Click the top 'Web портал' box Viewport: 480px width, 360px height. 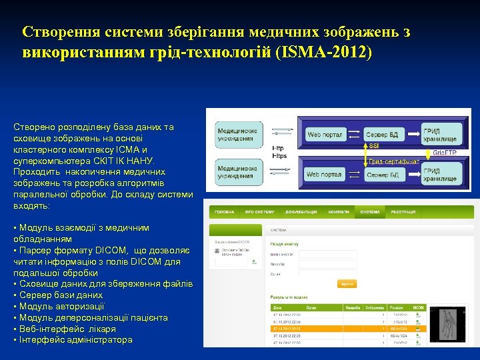pyautogui.click(x=325, y=135)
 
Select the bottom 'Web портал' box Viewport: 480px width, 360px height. pyautogui.click(x=324, y=175)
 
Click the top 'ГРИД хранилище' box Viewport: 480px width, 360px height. pyautogui.click(x=441, y=135)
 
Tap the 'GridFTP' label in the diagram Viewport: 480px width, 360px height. pyautogui.click(x=445, y=153)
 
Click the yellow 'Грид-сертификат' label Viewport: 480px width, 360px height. pyautogui.click(x=393, y=161)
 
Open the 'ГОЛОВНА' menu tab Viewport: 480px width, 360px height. pyautogui.click(x=223, y=212)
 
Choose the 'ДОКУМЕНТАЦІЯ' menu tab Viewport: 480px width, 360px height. pyautogui.click(x=301, y=212)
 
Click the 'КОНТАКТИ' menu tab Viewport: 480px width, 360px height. pyautogui.click(x=339, y=212)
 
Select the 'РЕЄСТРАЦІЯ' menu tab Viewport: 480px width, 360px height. pyautogui.click(x=403, y=212)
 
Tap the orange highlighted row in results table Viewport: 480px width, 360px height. pyautogui.click(x=347, y=329)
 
